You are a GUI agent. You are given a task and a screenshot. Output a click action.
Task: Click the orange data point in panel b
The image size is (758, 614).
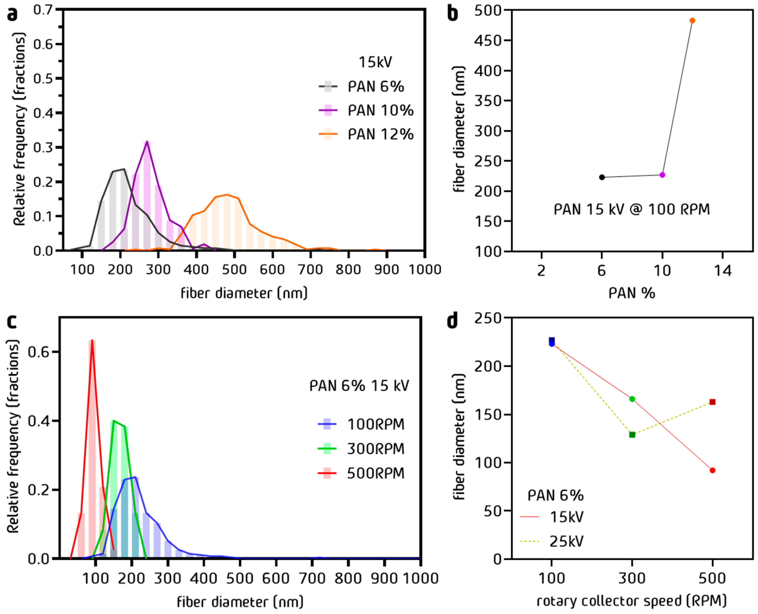(692, 21)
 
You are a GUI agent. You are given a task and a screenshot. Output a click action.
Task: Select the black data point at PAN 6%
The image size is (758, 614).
(602, 177)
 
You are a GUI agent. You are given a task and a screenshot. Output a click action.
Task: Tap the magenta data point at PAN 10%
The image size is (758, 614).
(662, 175)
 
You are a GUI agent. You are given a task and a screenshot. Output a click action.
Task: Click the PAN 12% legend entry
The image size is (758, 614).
(366, 134)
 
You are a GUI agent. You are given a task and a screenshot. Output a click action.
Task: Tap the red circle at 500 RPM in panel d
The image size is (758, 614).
(712, 470)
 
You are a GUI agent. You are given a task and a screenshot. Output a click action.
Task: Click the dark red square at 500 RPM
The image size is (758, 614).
(712, 402)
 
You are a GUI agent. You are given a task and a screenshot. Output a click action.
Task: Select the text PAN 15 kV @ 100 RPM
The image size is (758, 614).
(632, 209)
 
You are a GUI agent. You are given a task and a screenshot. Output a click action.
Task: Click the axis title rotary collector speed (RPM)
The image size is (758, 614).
(632, 601)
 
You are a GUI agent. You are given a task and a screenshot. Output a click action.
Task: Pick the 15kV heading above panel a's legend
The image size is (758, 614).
(375, 62)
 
